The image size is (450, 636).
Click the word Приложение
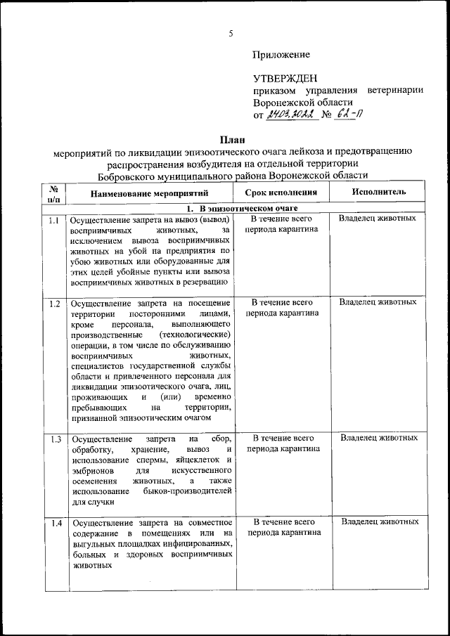[281, 54]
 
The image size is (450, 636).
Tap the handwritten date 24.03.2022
[290, 115]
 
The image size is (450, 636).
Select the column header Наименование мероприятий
[150, 193]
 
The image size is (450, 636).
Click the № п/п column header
[53, 193]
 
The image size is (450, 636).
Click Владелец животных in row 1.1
[378, 219]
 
